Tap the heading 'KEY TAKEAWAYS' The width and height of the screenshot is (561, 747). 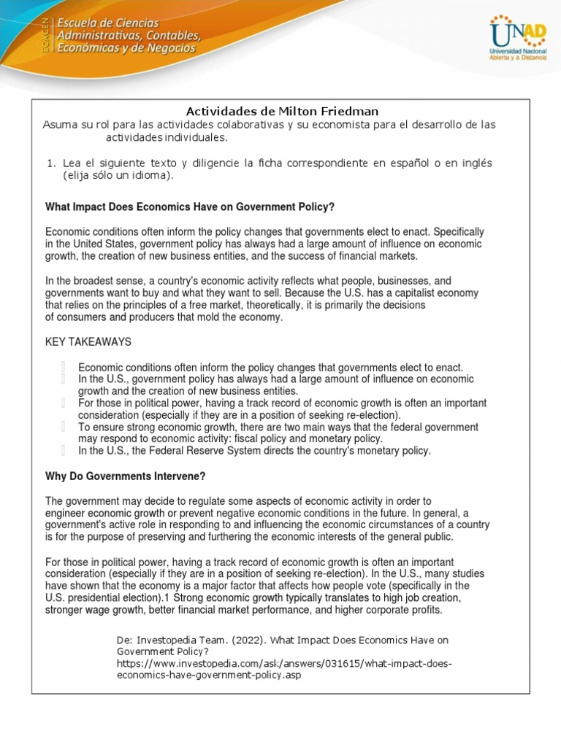point(88,341)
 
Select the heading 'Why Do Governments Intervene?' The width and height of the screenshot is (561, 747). point(126,476)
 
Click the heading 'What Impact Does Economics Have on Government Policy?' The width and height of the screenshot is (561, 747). point(190,207)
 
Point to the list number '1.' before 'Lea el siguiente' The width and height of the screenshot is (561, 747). point(50,163)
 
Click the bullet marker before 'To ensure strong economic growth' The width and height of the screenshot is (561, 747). point(64,427)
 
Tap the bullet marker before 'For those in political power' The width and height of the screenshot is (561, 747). point(64,403)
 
